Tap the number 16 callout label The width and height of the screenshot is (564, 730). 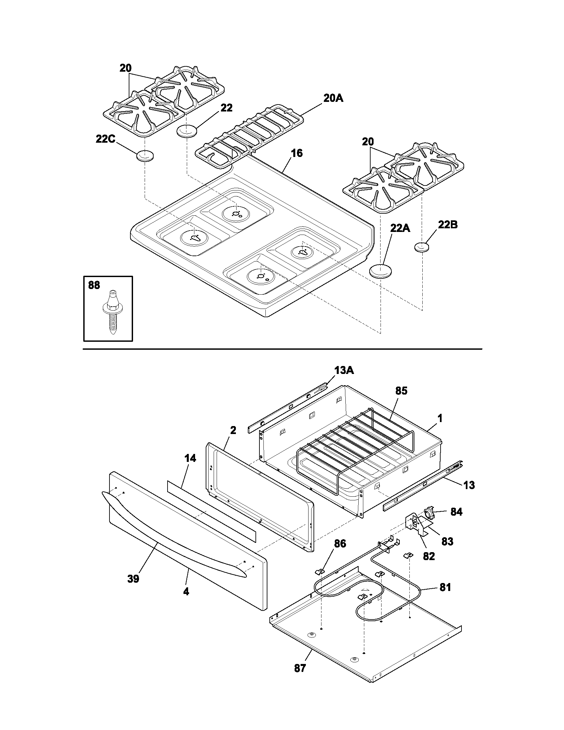click(297, 153)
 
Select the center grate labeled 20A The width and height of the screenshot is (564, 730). click(249, 137)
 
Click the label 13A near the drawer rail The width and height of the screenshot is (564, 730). click(344, 370)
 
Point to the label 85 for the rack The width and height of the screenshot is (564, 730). click(401, 391)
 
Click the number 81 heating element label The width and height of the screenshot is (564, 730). click(445, 587)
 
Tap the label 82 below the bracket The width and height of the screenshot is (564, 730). click(429, 556)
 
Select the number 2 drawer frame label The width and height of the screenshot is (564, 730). click(233, 430)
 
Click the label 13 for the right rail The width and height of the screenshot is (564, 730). click(469, 485)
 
